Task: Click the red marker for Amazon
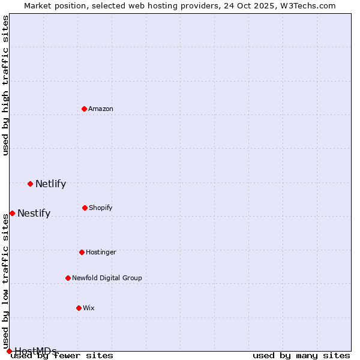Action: pos(84,109)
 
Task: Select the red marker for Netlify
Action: pos(30,184)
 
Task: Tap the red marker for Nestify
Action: pos(12,213)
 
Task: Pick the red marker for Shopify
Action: pos(85,208)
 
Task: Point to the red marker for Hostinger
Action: pos(82,252)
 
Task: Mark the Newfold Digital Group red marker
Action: pos(68,278)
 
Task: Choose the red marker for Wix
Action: pos(79,308)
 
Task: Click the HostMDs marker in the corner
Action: pos(9,351)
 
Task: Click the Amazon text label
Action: pos(101,109)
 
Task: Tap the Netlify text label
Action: pos(50,184)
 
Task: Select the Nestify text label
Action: pos(34,213)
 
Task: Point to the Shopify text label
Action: pos(101,208)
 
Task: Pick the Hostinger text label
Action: pos(101,252)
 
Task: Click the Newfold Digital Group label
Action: pos(107,278)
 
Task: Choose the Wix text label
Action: pos(89,308)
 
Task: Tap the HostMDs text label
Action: pos(35,351)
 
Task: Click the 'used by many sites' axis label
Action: pos(301,356)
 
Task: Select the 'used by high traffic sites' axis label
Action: pos(5,85)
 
